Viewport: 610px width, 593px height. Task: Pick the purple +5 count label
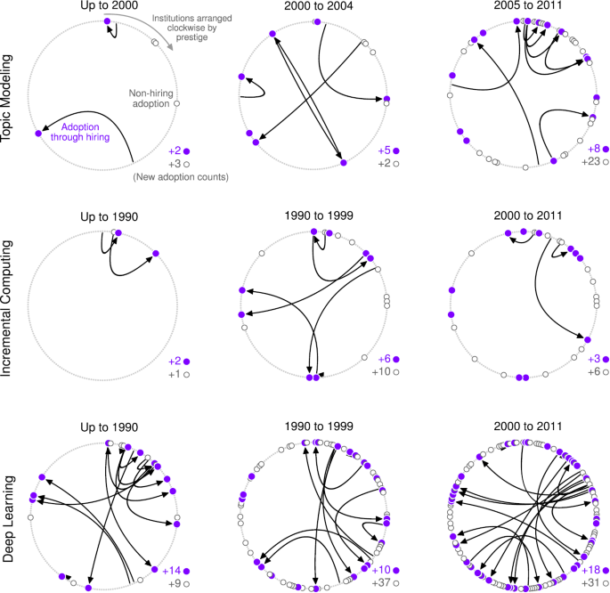[x=385, y=150]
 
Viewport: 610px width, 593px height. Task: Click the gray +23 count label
[x=590, y=163]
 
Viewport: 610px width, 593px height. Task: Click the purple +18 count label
[x=590, y=570]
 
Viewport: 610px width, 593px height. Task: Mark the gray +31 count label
[x=590, y=583]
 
